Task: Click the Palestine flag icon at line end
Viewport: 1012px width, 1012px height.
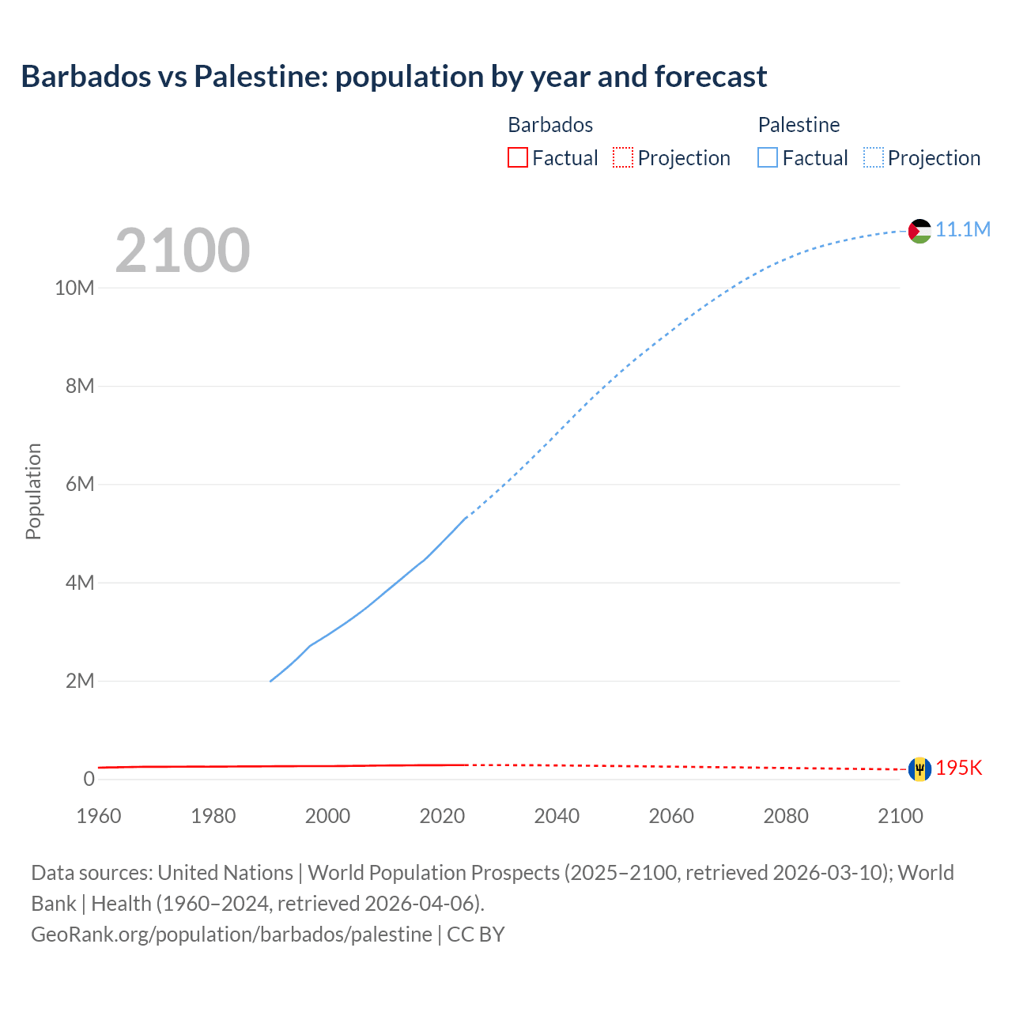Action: (919, 231)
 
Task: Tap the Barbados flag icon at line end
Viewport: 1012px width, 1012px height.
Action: (919, 768)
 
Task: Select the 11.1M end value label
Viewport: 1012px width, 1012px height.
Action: (963, 229)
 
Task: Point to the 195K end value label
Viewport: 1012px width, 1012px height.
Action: (959, 768)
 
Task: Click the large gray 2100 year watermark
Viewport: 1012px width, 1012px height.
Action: (183, 251)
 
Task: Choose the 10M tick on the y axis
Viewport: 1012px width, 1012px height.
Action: (74, 288)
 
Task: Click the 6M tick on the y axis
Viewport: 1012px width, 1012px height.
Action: (80, 484)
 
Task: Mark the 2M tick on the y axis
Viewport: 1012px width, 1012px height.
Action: (80, 681)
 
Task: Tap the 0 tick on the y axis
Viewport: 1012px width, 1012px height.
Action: (89, 779)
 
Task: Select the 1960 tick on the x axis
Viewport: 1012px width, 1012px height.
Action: (99, 816)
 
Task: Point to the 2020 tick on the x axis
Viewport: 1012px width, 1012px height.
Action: (442, 816)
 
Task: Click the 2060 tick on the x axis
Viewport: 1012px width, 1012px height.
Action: (671, 816)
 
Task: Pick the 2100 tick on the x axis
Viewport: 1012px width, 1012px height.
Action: (900, 816)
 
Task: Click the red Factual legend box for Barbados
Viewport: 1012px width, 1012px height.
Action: (518, 158)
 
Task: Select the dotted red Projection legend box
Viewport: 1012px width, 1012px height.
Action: (623, 158)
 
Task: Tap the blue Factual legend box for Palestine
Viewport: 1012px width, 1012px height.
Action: (768, 158)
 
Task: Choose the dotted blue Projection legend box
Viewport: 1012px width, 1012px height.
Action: (874, 158)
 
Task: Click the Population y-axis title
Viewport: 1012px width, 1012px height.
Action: (33, 492)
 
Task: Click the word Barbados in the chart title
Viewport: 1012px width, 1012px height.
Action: (85, 77)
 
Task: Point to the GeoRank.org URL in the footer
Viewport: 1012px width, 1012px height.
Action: (232, 935)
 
